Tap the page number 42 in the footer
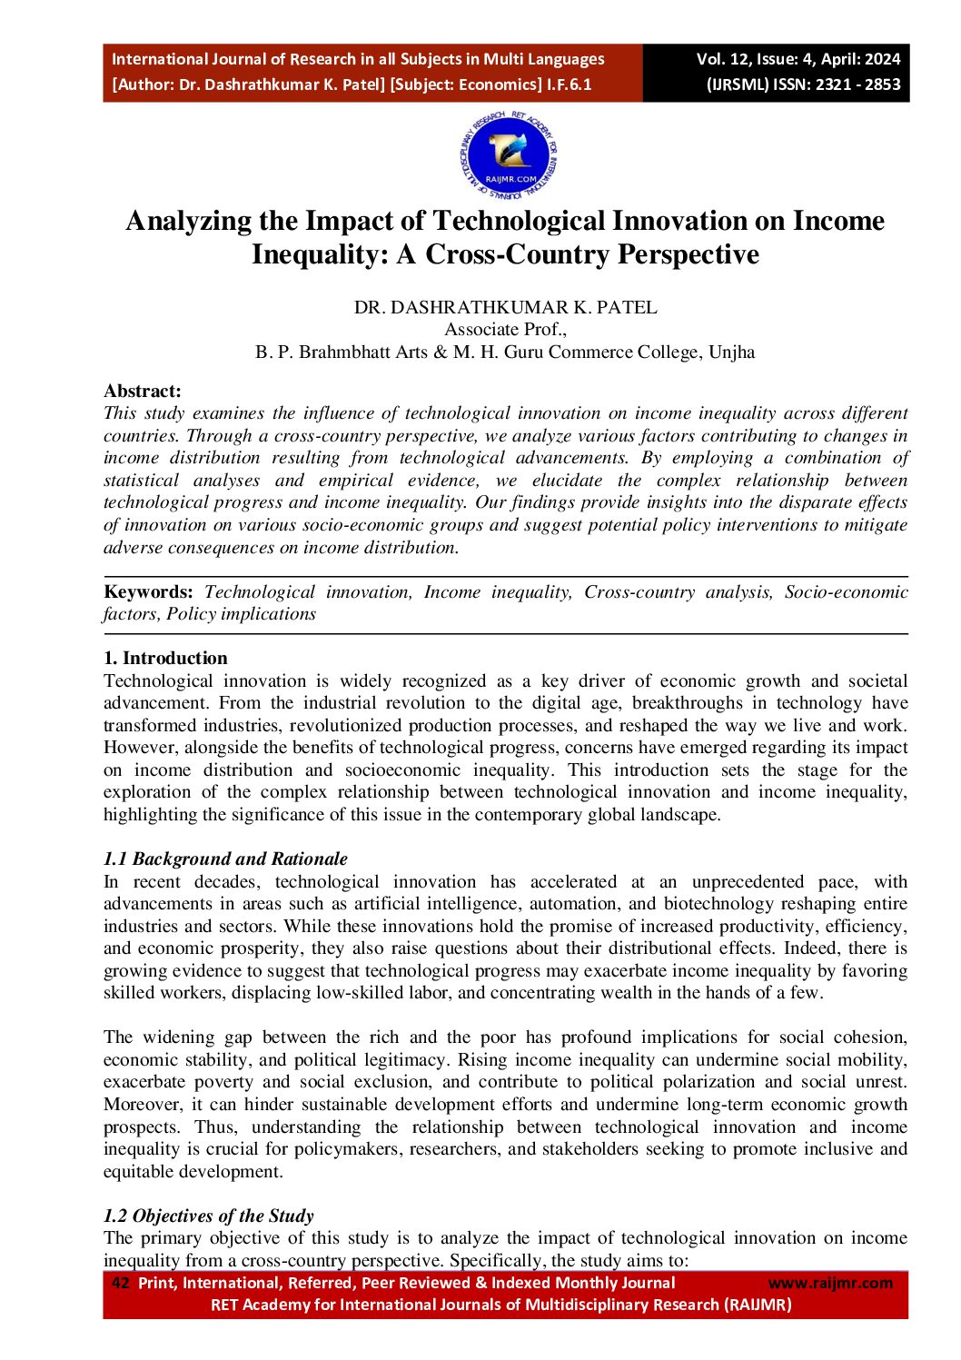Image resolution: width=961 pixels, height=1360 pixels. [x=120, y=1283]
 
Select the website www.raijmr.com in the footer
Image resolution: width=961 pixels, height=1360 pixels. [x=830, y=1283]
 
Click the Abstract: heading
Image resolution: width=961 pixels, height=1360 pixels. [x=143, y=392]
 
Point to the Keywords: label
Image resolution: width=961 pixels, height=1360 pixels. [x=148, y=592]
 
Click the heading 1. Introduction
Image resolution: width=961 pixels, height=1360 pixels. [x=165, y=659]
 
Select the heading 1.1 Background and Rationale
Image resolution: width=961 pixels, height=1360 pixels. [x=225, y=859]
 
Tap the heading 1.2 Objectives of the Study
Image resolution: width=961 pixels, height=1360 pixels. [x=209, y=1216]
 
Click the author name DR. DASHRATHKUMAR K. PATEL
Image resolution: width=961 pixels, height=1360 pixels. [x=505, y=308]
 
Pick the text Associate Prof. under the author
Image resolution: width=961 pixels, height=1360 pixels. [x=505, y=330]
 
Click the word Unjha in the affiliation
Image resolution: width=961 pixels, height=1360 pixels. [x=731, y=352]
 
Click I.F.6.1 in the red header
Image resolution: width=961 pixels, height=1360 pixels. [x=569, y=84]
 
